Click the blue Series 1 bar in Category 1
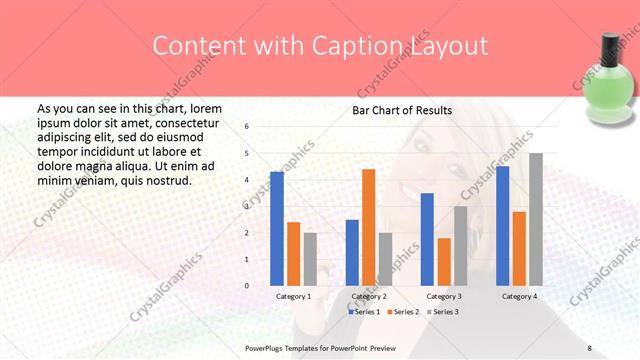point(277,229)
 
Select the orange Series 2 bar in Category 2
point(368,227)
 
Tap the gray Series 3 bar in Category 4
point(535,219)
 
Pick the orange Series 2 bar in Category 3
point(443,262)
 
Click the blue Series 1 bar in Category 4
point(502,226)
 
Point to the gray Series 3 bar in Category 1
point(310,259)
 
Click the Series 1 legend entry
point(364,312)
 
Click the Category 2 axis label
point(367,297)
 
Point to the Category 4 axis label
point(518,297)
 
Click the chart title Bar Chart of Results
point(401,110)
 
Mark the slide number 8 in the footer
point(589,347)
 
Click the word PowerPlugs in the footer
point(265,347)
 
